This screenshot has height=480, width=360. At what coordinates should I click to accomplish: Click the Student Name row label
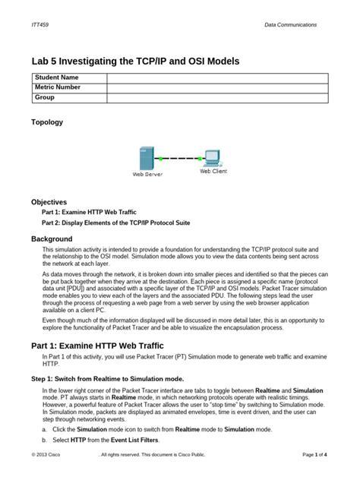point(57,78)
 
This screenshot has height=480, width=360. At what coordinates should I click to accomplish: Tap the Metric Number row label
point(60,88)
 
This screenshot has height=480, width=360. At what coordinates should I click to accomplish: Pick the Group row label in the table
point(46,98)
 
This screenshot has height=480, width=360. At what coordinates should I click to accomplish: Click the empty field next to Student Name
point(216,78)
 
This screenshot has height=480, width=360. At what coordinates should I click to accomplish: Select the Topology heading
point(47,122)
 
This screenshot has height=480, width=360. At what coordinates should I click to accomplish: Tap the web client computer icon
point(211,158)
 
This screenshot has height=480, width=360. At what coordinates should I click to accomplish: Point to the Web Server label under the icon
point(148,175)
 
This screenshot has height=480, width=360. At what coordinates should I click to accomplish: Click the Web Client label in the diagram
point(213,172)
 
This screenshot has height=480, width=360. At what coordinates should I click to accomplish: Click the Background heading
point(52,238)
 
